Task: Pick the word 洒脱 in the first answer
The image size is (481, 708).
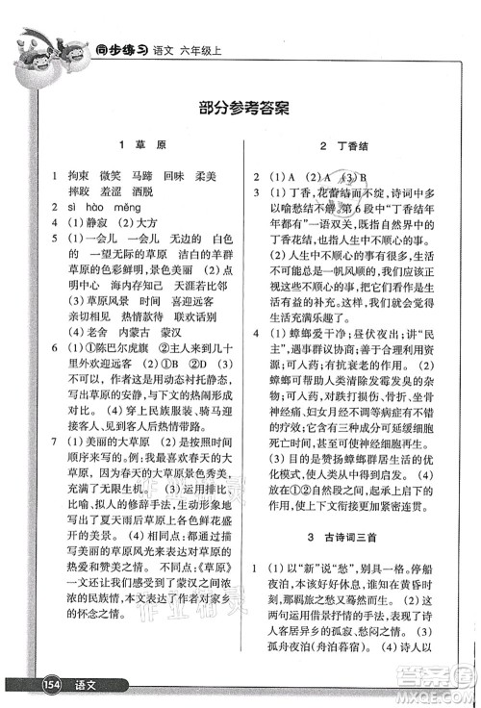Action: pos(142,191)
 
